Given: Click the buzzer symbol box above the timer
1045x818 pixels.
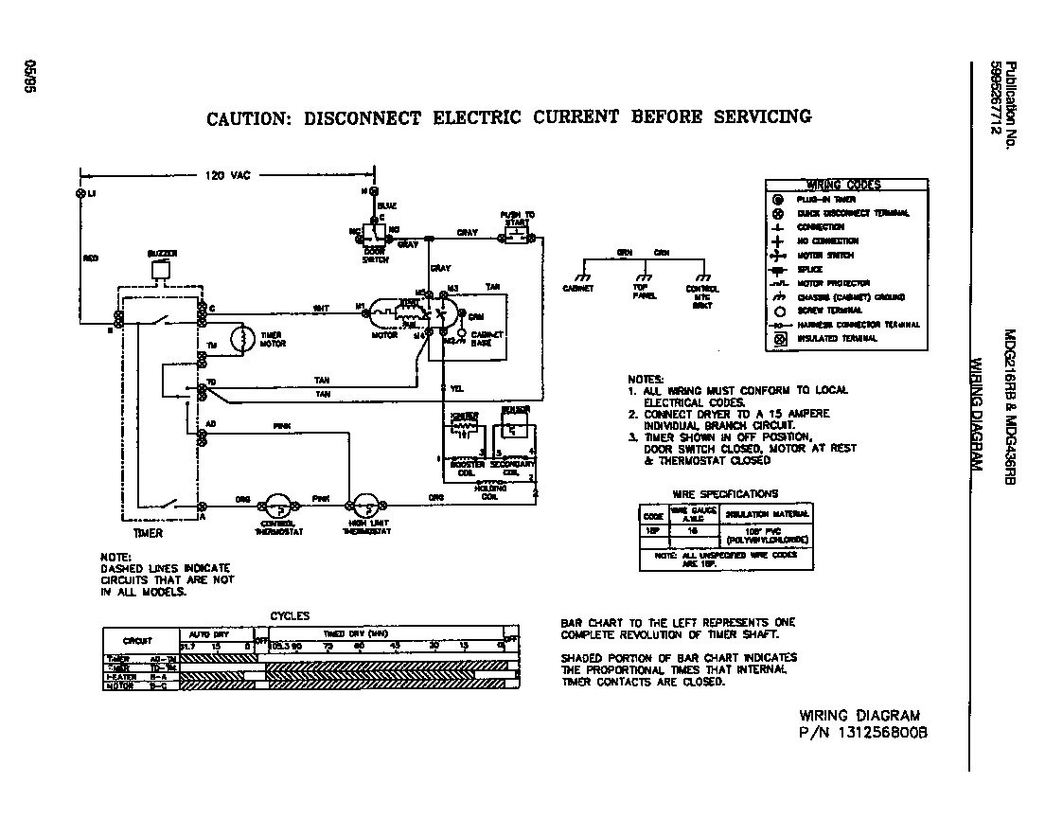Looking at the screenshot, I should coord(161,270).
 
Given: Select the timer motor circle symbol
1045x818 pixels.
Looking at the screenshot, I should coord(242,339).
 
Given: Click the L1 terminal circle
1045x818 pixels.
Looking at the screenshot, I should coord(80,192).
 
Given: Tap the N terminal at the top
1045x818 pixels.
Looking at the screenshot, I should coord(374,191).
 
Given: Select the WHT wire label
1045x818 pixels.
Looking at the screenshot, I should coord(321,307).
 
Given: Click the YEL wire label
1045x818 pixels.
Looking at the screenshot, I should coord(457,389).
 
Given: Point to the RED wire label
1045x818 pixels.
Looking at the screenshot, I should coord(91,258).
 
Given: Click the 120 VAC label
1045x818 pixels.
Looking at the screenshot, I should coord(225,175).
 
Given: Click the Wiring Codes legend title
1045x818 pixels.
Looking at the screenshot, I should coord(842,185).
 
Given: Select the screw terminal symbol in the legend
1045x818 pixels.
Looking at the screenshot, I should coord(778,310).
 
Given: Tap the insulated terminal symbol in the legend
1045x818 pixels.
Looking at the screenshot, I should coord(778,338).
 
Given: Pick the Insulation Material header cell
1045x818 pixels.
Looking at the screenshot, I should coord(768,514).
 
